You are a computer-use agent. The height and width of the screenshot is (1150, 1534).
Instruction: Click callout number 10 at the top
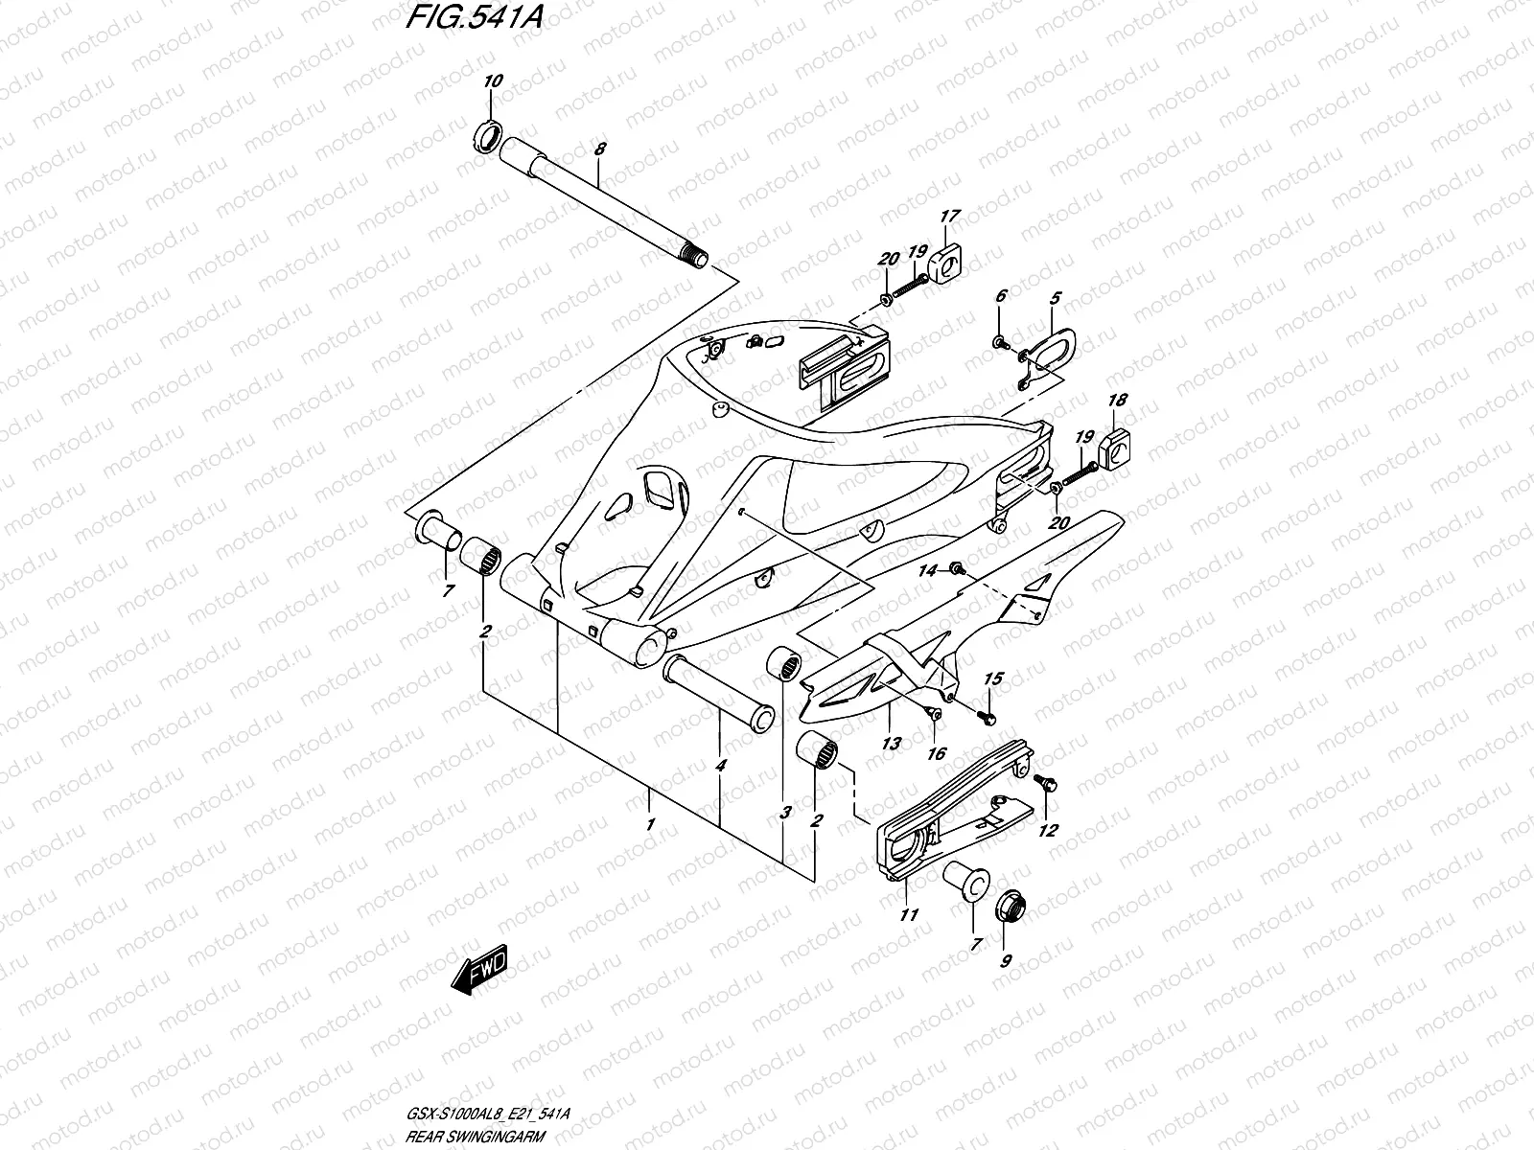(492, 81)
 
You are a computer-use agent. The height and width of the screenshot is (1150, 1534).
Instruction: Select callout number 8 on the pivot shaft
(599, 149)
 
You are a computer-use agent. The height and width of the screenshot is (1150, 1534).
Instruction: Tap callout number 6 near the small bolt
(1000, 297)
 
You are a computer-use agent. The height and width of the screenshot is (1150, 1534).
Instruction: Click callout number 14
(926, 571)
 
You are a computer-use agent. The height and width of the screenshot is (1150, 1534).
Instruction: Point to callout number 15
(993, 678)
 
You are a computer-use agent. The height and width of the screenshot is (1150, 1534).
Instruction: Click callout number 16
(936, 754)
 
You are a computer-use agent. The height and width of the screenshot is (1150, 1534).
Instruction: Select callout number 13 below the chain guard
(891, 744)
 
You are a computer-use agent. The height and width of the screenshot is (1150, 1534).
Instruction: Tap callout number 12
(1047, 831)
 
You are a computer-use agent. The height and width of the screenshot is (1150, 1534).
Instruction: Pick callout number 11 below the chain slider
(908, 915)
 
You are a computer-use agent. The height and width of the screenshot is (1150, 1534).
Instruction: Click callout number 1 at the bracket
(650, 823)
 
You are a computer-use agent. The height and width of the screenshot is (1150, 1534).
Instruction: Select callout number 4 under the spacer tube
(720, 766)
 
